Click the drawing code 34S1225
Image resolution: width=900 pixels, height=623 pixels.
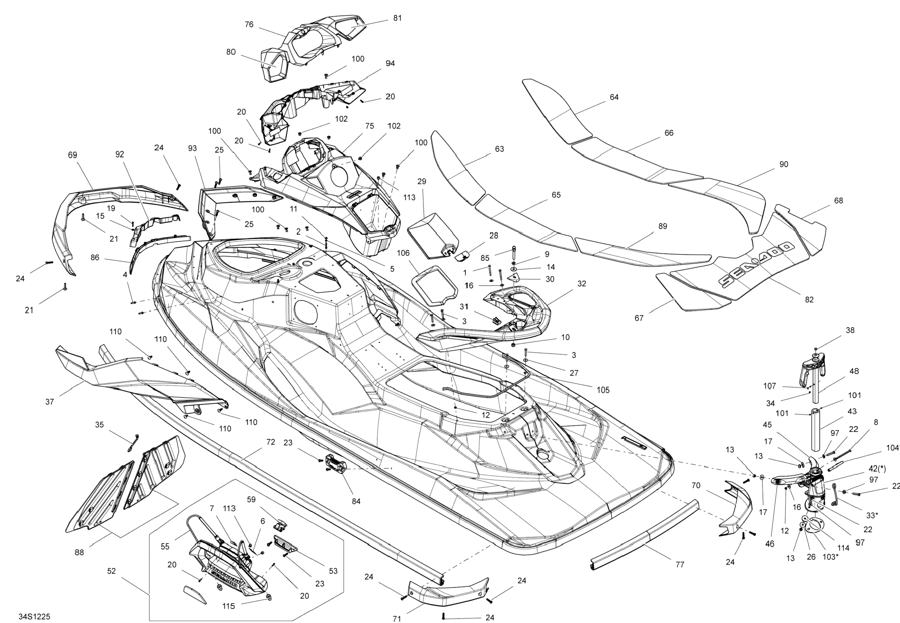click(x=34, y=616)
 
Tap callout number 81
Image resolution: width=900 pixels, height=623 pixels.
click(x=397, y=18)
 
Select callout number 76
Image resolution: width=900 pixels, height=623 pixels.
click(x=249, y=24)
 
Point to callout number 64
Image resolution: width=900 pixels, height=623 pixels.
click(x=614, y=97)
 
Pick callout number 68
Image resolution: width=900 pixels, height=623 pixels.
click(x=838, y=200)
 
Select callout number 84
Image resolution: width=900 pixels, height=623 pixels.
click(x=356, y=501)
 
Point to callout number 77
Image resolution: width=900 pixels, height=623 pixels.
click(x=680, y=564)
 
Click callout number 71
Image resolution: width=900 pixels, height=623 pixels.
click(x=397, y=618)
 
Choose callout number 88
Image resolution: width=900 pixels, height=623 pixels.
click(x=79, y=552)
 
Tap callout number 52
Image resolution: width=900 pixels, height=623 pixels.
click(x=111, y=571)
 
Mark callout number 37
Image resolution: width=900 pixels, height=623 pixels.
click(x=49, y=402)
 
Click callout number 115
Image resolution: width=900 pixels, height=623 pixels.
click(x=229, y=606)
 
